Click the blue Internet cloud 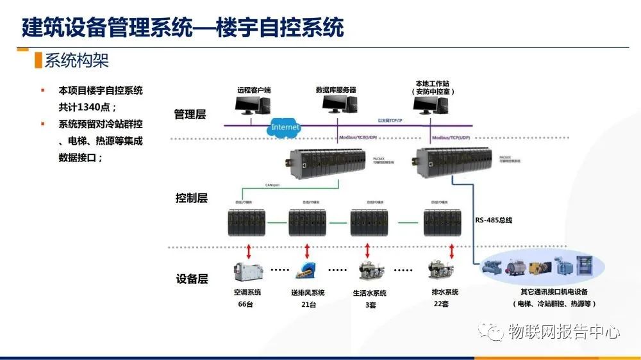tap(285, 127)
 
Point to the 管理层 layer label tap(190, 115)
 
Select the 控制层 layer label tap(191, 198)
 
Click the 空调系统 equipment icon tap(248, 272)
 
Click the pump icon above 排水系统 tap(440, 271)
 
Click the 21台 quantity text tap(308, 305)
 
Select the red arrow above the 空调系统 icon tap(248, 249)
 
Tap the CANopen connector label tap(272, 184)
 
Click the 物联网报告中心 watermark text tap(563, 332)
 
